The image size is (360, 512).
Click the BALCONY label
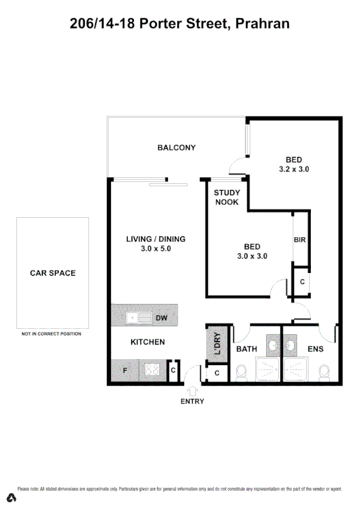176,147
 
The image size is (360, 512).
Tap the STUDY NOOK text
227,198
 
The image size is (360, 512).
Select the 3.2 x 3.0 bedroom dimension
294,170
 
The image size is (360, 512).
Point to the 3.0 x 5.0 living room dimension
155,249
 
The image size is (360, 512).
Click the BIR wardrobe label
299,240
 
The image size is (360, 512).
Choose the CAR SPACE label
53,273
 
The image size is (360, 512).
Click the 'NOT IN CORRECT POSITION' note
51,334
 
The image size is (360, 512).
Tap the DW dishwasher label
161,318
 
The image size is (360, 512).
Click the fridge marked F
125,370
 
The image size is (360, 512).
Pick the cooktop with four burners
152,370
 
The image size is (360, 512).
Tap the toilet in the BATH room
241,372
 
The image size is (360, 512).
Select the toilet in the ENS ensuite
324,371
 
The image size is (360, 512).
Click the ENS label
315,349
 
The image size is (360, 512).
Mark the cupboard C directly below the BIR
301,283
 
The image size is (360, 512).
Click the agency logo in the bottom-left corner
11,498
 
